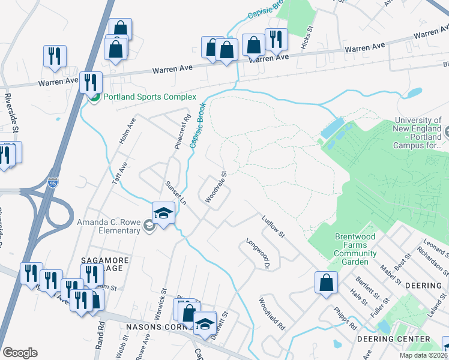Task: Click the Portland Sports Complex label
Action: (149, 97)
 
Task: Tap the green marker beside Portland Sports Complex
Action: (94, 97)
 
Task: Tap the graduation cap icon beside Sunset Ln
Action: (163, 213)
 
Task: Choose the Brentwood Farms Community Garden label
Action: (355, 249)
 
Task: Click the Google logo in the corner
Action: (20, 352)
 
